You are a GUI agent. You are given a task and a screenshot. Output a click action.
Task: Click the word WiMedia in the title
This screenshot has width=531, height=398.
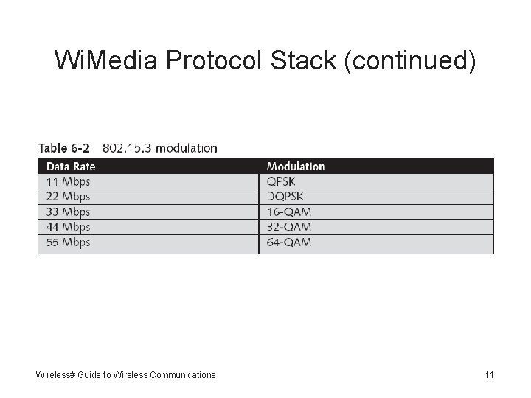click(106, 60)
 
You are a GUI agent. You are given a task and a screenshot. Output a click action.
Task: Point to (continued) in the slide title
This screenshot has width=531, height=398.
click(410, 60)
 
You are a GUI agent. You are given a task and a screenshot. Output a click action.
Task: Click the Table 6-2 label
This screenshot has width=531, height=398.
click(63, 148)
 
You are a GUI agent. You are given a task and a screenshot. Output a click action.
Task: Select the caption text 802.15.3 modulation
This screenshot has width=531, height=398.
click(160, 148)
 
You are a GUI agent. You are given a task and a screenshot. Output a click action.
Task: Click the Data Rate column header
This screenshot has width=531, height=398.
click(71, 167)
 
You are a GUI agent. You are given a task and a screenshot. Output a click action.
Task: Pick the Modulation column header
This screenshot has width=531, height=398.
click(295, 167)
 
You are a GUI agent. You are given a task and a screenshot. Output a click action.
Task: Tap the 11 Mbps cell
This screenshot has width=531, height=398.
click(69, 181)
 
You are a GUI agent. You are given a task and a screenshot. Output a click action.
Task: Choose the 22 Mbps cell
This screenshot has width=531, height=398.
click(69, 197)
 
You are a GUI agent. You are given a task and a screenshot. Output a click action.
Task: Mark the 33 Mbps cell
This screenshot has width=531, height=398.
click(69, 212)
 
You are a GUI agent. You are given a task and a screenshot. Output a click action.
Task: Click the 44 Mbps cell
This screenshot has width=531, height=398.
click(69, 227)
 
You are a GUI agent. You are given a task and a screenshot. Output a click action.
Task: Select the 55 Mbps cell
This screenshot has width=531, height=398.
click(69, 242)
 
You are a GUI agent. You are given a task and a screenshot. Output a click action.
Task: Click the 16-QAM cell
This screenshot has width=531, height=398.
click(288, 212)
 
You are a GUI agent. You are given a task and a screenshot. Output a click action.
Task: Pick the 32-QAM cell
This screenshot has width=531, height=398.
click(288, 227)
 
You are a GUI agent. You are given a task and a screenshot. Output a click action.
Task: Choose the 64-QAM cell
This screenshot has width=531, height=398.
click(288, 242)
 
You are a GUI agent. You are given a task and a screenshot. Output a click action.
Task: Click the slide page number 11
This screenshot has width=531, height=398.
click(489, 375)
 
